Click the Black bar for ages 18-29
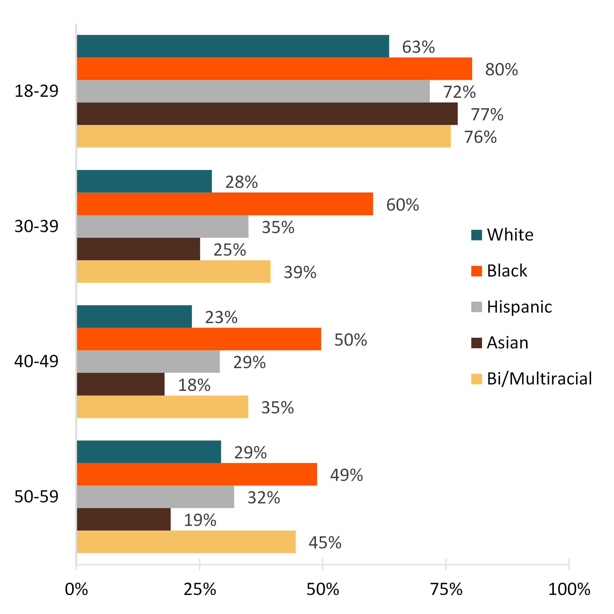point(274,69)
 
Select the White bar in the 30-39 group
point(144,181)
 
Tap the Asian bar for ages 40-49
point(120,384)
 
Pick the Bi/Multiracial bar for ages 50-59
point(186,542)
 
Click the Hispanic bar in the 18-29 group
point(253,91)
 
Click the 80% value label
point(501,69)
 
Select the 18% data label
point(194,385)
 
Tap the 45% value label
point(325,542)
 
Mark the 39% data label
point(300,272)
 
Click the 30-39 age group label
point(36,226)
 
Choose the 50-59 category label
point(36,496)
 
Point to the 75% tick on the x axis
point(446,589)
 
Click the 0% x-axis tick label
point(76,589)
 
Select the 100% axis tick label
point(569,589)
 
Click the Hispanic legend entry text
point(519,307)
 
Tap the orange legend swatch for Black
point(476,271)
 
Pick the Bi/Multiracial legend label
point(539,379)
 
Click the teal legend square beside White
point(476,235)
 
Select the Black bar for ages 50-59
point(197,474)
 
